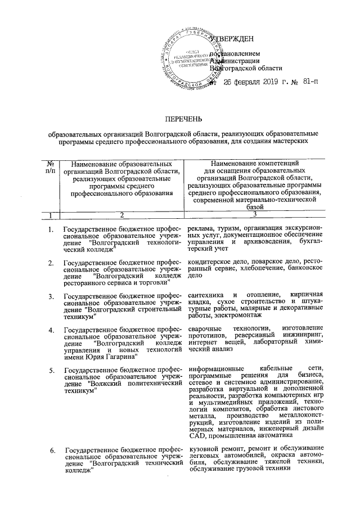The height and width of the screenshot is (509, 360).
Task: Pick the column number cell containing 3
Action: point(255,215)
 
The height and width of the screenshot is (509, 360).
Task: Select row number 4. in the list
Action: point(51,329)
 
